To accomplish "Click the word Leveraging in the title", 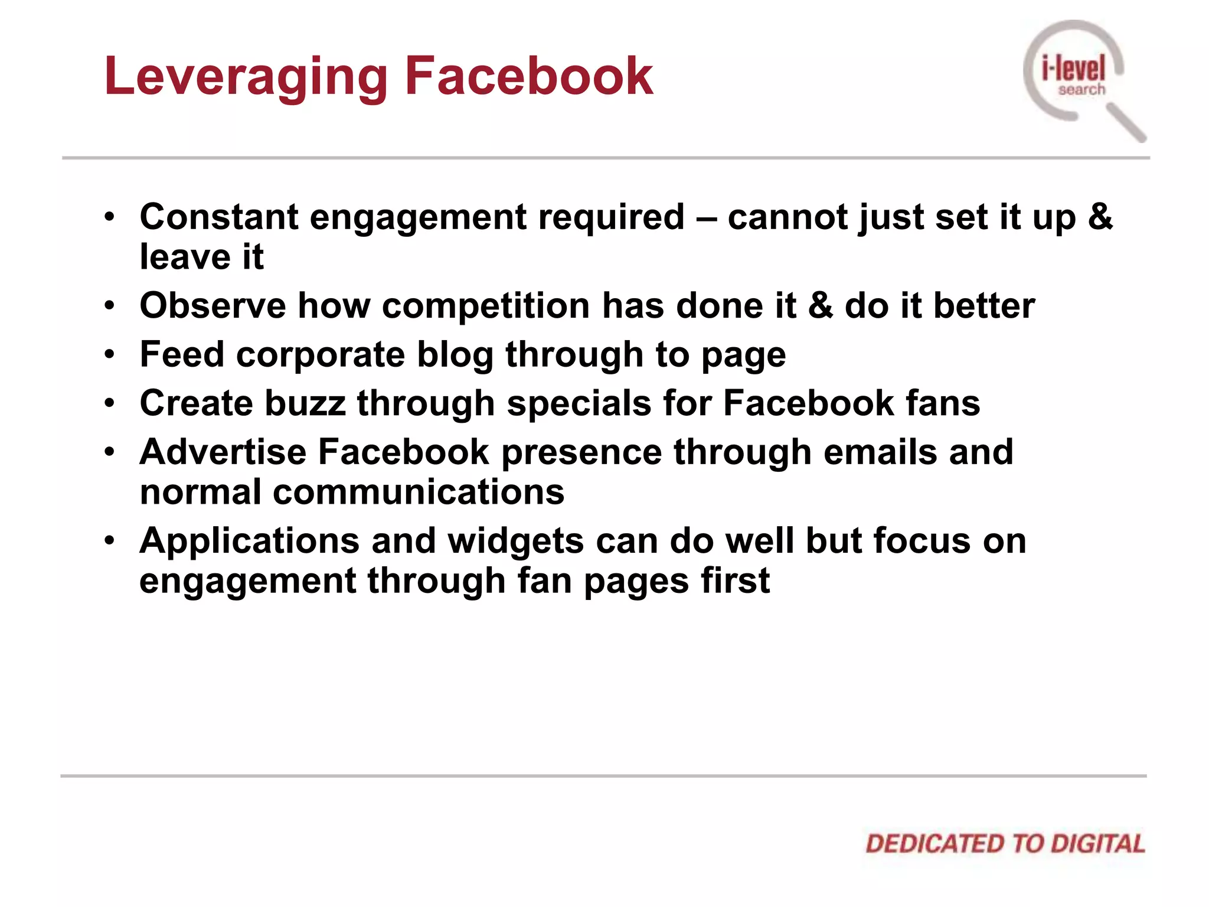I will click(246, 77).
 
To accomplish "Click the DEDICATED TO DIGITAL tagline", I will click(1005, 844).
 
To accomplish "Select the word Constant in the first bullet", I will click(219, 217).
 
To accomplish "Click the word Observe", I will click(213, 306).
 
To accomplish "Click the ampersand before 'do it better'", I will click(820, 306).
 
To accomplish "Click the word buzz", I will click(305, 403).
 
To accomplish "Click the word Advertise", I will click(223, 452).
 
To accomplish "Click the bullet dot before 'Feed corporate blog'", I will click(109, 355).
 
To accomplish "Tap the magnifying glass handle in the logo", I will click(1125, 122).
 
